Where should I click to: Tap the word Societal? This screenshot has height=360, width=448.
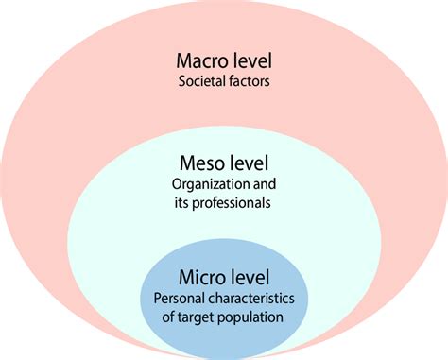tap(200, 82)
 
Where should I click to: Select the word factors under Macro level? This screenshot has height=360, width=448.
tap(249, 82)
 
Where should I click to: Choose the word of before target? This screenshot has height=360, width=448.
tap(171, 317)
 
